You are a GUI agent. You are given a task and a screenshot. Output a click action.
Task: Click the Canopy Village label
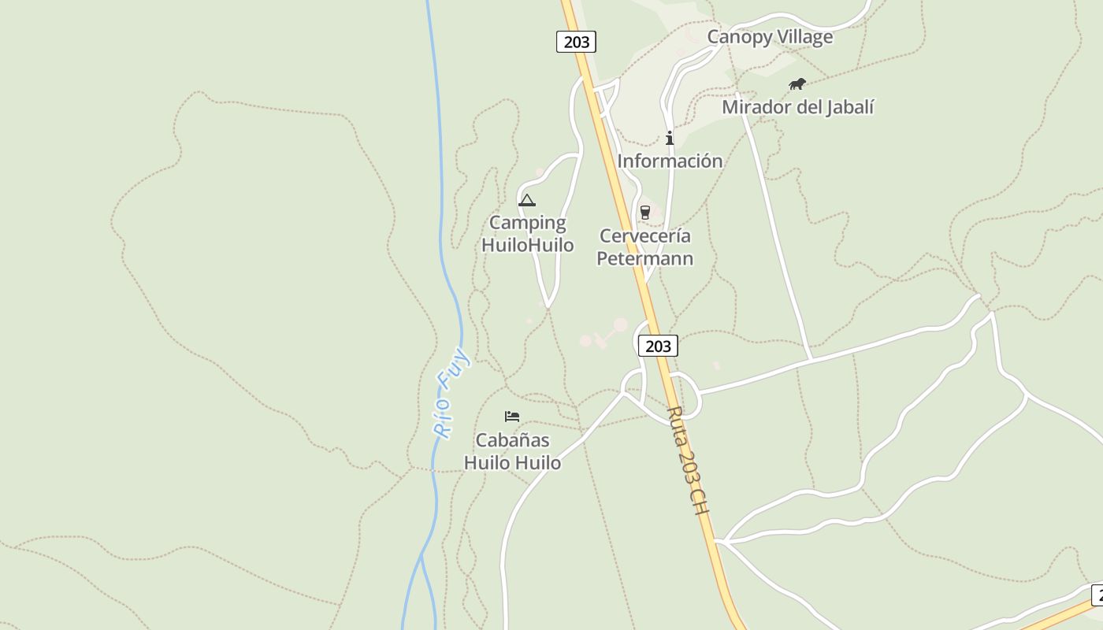[769, 37]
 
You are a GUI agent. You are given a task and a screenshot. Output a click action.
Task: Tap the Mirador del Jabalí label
[797, 107]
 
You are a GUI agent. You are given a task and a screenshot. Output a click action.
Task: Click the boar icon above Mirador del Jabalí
[797, 83]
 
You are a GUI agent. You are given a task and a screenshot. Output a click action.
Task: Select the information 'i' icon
[670, 139]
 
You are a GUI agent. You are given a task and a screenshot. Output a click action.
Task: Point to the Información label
[670, 161]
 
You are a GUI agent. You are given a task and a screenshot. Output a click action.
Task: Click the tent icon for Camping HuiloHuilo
[527, 200]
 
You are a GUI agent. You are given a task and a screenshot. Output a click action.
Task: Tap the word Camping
[527, 223]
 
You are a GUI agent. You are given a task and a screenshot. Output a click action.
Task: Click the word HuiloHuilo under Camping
[527, 245]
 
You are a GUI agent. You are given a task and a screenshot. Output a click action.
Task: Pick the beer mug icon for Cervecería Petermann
[645, 212]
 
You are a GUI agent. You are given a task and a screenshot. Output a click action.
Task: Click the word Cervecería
[645, 235]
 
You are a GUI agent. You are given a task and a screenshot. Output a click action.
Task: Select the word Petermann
[645, 258]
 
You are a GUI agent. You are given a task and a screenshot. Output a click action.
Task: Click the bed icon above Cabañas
[512, 416]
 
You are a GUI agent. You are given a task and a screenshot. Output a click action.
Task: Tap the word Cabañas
[512, 440]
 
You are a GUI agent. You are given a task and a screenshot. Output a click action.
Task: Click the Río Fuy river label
[451, 393]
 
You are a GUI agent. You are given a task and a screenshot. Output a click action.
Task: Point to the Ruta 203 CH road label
[688, 461]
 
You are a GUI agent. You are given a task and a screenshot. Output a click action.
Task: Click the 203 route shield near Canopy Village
[576, 42]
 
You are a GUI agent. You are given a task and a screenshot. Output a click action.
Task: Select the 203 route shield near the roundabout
[657, 346]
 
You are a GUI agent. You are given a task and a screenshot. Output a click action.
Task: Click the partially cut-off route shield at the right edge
[1097, 595]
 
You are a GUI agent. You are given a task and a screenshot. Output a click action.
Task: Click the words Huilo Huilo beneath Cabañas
[512, 463]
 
